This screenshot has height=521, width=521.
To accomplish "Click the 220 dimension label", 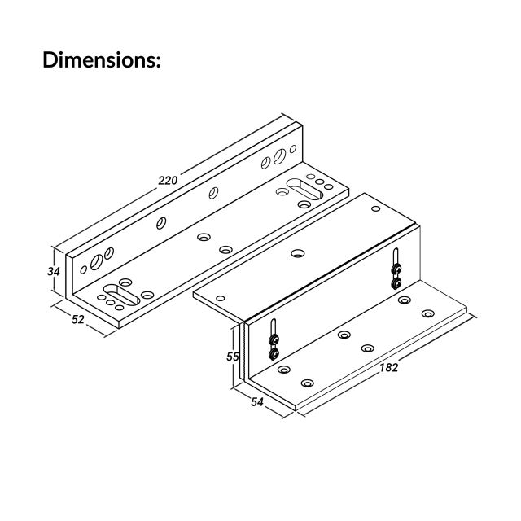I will click(168, 179).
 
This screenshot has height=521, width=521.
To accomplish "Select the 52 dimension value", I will click(78, 319).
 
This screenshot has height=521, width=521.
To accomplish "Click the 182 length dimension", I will click(388, 368).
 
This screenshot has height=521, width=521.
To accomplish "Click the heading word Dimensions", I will click(102, 60).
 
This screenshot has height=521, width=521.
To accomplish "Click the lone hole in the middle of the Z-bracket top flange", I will click(298, 254).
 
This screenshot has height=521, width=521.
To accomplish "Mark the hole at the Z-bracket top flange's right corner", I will click(375, 209).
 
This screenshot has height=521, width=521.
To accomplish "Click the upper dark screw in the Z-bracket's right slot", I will click(395, 269).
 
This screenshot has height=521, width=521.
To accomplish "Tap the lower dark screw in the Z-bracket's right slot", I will click(396, 282).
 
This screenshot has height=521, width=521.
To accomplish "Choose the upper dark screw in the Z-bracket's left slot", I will click(274, 339).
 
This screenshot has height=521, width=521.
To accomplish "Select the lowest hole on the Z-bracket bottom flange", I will click(307, 383).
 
